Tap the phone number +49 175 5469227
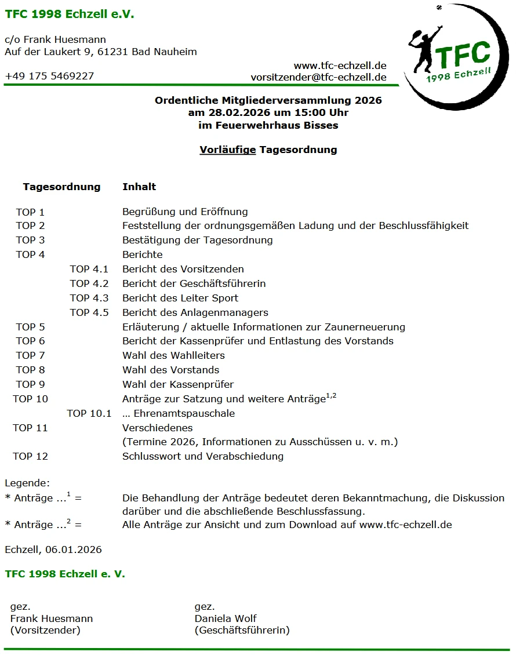pyautogui.click(x=49, y=77)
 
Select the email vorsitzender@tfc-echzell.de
pyautogui.click(x=318, y=77)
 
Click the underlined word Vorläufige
pyautogui.click(x=227, y=150)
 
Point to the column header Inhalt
pyautogui.click(x=139, y=187)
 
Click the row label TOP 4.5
pyautogui.click(x=89, y=313)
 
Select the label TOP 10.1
pyautogui.click(x=89, y=414)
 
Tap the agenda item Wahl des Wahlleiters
pyautogui.click(x=173, y=356)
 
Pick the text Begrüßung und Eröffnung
pyautogui.click(x=185, y=212)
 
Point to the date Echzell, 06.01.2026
pyautogui.click(x=53, y=550)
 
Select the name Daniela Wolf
pyautogui.click(x=226, y=618)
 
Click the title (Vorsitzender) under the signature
pyautogui.click(x=45, y=630)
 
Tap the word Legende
pyautogui.click(x=27, y=483)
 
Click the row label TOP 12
pyautogui.click(x=30, y=457)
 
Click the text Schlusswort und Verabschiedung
pyautogui.click(x=203, y=457)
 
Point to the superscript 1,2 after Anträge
pyautogui.click(x=331, y=396)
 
